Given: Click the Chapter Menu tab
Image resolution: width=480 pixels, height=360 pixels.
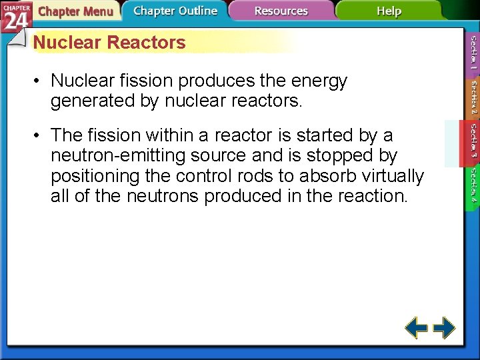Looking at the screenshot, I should (x=75, y=11).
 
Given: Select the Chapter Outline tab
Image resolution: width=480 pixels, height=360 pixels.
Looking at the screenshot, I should (x=175, y=11).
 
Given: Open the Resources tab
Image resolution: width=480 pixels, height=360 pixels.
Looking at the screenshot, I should (x=281, y=11).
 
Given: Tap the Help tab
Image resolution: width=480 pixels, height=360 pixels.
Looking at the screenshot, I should (x=389, y=11).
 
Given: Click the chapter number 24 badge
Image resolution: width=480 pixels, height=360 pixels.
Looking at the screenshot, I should (x=15, y=18).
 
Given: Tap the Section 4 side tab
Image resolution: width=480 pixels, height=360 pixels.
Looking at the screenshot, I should (x=473, y=186).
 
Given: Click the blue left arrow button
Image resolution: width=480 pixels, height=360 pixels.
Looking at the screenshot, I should (x=417, y=328).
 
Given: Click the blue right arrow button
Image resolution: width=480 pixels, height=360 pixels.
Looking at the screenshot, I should (x=444, y=328).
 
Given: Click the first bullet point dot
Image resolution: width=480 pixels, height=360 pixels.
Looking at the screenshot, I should (x=39, y=81).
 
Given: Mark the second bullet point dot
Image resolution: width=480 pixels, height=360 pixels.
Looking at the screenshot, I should (x=39, y=135).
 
